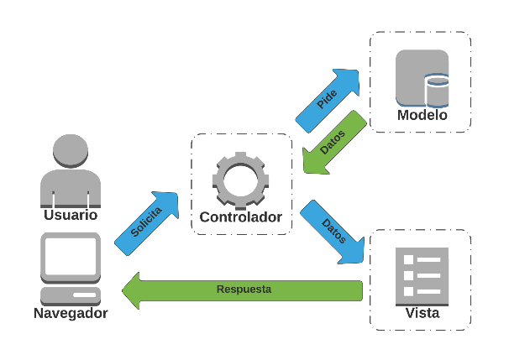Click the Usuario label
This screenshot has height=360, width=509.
[x=71, y=216]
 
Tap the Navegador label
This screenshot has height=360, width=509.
[x=71, y=314]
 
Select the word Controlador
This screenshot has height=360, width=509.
[x=240, y=218]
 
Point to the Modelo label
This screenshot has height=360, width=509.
[x=422, y=115]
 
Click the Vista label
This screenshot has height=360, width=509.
[x=422, y=314]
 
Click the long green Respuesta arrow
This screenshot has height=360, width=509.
[x=244, y=290]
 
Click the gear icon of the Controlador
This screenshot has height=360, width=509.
[x=241, y=178]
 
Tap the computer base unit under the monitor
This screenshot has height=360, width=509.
[x=71, y=295]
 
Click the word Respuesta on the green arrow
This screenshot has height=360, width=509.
[x=244, y=290]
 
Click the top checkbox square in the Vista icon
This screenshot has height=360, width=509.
[x=409, y=260]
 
